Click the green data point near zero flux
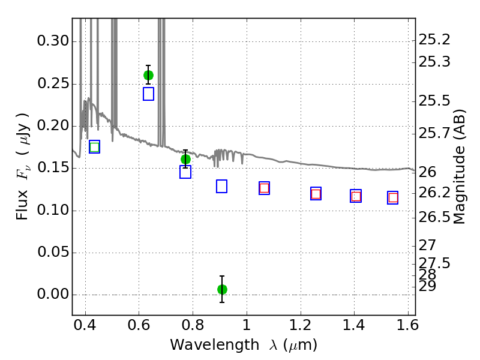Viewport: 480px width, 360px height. pyautogui.click(x=222, y=289)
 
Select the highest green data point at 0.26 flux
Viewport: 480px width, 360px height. pyautogui.click(x=148, y=75)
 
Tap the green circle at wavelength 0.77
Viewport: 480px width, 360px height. pyautogui.click(x=185, y=159)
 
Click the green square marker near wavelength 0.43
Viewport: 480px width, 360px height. pyautogui.click(x=95, y=147)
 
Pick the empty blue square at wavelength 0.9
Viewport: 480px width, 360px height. pyautogui.click(x=221, y=186)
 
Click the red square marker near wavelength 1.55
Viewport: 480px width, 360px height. pyautogui.click(x=393, y=198)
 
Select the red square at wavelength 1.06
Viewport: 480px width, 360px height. pyautogui.click(x=264, y=188)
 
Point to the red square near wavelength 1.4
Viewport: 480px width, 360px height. pyautogui.click(x=356, y=196)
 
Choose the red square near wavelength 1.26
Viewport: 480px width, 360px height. pyautogui.click(x=316, y=194)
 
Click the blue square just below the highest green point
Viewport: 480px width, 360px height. pyautogui.click(x=148, y=94)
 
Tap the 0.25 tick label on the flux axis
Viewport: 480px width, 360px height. pyautogui.click(x=53, y=83)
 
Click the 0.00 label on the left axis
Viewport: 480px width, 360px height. pyautogui.click(x=53, y=294)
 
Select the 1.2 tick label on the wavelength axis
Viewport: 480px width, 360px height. pyautogui.click(x=301, y=325)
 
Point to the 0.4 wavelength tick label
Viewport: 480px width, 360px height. pyautogui.click(x=85, y=325)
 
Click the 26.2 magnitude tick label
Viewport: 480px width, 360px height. pyautogui.click(x=434, y=193)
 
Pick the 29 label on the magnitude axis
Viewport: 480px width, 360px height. pyautogui.click(x=427, y=287)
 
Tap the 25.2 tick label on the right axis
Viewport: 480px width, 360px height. pyautogui.click(x=434, y=40)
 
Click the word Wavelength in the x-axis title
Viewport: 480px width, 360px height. pyautogui.click(x=215, y=345)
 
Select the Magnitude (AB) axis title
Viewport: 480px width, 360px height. pyautogui.click(x=458, y=167)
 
